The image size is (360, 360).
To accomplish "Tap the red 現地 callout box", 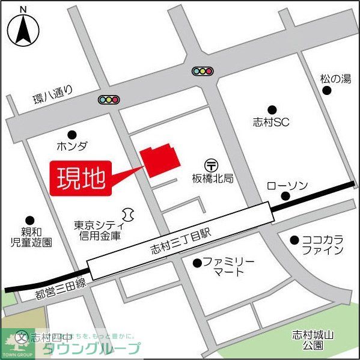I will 82,177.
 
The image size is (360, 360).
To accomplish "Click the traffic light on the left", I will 109,100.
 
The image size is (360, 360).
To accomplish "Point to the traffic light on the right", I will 203,71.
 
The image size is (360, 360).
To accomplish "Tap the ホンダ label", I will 72,146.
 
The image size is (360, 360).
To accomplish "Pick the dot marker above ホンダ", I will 72,134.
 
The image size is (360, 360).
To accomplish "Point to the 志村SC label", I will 272,123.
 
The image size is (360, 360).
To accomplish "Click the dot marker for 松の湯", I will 327,90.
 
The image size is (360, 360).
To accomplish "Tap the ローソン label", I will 287,185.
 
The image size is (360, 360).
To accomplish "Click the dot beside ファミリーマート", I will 197,263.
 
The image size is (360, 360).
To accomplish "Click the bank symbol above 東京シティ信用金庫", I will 127,214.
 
